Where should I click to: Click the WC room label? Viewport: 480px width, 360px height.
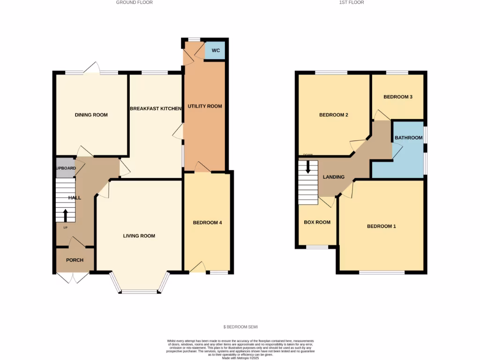coord(215,51)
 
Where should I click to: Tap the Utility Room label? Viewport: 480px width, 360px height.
coord(205,106)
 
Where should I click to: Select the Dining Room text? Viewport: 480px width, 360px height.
coord(91,115)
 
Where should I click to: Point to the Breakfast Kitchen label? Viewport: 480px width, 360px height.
coord(155,109)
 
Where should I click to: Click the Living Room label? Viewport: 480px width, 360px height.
coord(139,236)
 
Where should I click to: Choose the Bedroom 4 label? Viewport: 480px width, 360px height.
coord(207,223)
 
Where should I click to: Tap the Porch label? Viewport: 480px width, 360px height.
coord(75,260)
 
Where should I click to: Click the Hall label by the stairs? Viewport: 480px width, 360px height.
coord(75,198)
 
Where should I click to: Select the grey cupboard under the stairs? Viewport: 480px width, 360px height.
coord(65,168)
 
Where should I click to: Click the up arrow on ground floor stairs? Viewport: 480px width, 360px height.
coord(65,215)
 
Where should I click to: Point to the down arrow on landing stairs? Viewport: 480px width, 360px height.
coord(308,167)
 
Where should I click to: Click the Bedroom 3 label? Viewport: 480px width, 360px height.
coord(398,97)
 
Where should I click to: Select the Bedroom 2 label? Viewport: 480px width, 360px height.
coord(333,115)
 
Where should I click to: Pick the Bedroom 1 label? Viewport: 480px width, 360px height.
coord(381,226)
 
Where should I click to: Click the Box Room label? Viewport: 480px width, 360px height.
coord(317,222)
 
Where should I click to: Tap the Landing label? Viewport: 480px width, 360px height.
coord(334,177)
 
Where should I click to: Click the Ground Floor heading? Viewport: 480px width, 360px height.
coord(135,2)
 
